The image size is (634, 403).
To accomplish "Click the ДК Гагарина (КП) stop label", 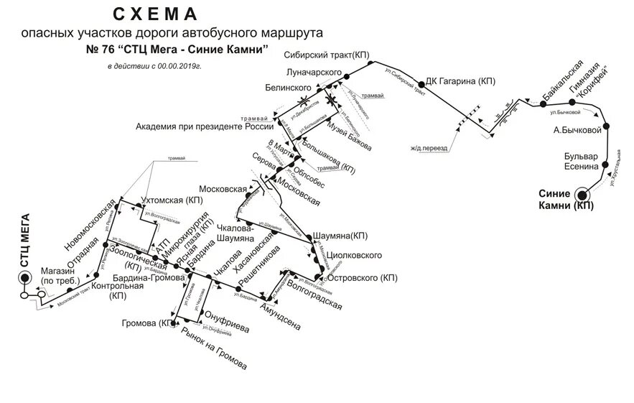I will point(461,82).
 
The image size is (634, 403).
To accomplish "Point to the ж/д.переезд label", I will point(429,149).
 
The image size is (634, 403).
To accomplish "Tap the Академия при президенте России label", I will point(200,126).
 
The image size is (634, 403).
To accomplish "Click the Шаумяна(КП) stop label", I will point(341,236).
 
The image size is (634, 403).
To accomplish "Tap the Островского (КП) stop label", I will point(363,277).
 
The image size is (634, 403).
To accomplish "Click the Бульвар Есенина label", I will point(581,162).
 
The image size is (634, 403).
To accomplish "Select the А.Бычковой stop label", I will point(577,130).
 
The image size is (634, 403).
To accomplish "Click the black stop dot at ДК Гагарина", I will point(421,83).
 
